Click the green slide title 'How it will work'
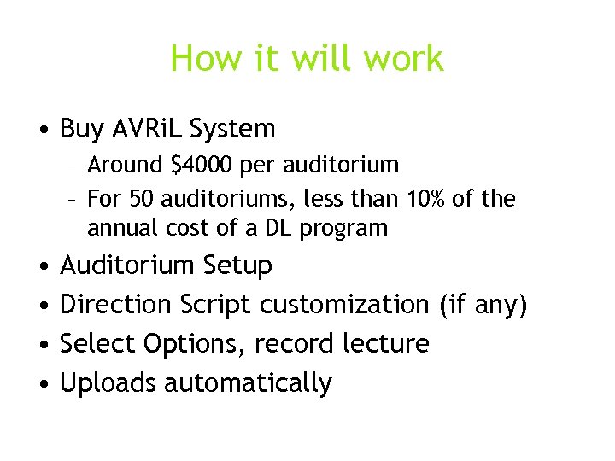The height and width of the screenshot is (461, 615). point(307,59)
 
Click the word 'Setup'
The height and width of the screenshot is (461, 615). point(237,266)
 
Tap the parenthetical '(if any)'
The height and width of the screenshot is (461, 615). point(483,304)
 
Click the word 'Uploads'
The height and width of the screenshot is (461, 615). point(108,383)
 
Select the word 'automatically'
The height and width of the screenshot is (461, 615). point(248,383)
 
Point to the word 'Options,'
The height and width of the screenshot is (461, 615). point(188,343)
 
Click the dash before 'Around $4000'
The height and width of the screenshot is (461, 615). point(74,164)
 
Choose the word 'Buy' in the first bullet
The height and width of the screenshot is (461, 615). point(82,130)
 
